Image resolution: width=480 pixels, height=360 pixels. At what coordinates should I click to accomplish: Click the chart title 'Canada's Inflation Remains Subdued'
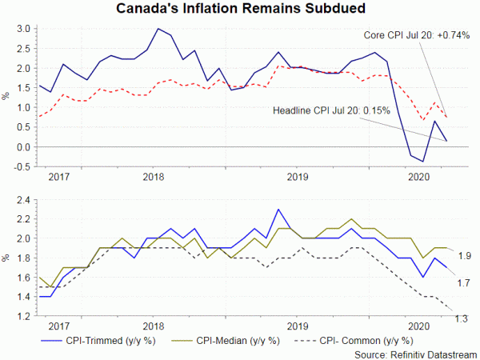pos(240,10)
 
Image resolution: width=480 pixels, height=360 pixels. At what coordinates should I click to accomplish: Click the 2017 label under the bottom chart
pos(58,326)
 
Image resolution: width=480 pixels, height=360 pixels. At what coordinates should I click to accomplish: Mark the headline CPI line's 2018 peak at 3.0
pos(158,29)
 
